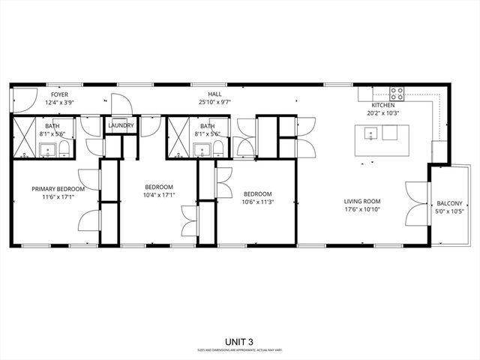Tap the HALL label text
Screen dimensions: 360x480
coord(215,94)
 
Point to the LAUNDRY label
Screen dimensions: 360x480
coord(121,126)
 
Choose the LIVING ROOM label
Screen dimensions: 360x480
coord(362,201)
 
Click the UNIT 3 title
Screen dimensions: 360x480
coord(239,341)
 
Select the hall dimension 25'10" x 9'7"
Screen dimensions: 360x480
coord(215,101)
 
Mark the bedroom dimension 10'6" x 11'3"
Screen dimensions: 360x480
coord(256,201)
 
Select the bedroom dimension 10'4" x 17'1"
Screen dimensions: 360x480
coord(159,195)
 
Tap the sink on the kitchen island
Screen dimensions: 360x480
coord(370,134)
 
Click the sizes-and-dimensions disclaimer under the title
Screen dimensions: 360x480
coord(239,350)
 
